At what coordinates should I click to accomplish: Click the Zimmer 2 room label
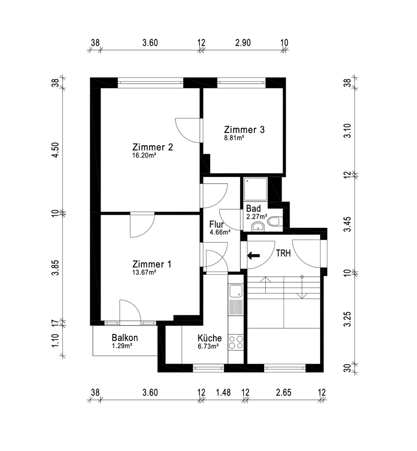[153, 147]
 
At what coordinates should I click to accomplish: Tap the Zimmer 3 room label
[244, 130]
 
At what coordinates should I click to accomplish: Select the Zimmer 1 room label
[152, 264]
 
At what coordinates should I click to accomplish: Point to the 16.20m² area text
[144, 155]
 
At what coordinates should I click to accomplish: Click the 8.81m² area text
[234, 138]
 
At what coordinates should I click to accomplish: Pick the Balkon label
[125, 338]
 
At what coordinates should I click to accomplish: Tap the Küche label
[210, 338]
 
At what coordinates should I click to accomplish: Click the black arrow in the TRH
[253, 256]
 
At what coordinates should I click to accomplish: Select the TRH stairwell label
[283, 253]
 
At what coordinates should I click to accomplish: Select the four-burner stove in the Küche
[236, 342]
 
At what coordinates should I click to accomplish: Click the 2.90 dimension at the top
[243, 43]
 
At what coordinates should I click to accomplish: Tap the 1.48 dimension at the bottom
[223, 393]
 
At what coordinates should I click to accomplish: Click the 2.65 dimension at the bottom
[284, 393]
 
